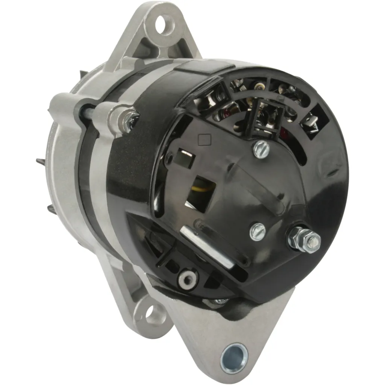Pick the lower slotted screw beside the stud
[x=258, y=231]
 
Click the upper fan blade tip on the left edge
[x=41, y=162]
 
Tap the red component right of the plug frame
[x=285, y=132]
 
